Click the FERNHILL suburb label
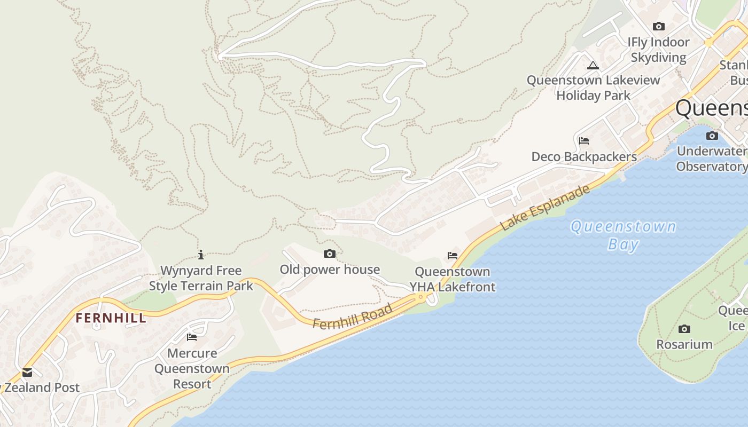click(110, 318)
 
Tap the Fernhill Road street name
click(353, 316)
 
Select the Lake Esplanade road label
click(545, 207)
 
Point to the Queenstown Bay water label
click(623, 235)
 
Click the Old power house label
click(330, 270)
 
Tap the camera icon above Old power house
click(330, 254)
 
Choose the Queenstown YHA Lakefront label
click(453, 279)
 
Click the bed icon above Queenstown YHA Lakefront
click(453, 256)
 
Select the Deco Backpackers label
click(584, 157)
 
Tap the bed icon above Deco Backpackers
click(584, 141)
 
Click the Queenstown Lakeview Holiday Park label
click(593, 88)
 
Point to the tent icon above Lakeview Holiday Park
click(593, 66)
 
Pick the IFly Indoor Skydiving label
click(658, 50)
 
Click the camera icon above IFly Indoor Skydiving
click(659, 26)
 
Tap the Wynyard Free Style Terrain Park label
click(201, 278)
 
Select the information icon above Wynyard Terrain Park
click(201, 255)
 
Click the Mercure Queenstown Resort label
click(192, 368)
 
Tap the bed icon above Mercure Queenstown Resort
click(192, 337)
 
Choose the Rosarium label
click(684, 344)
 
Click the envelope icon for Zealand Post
click(27, 372)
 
